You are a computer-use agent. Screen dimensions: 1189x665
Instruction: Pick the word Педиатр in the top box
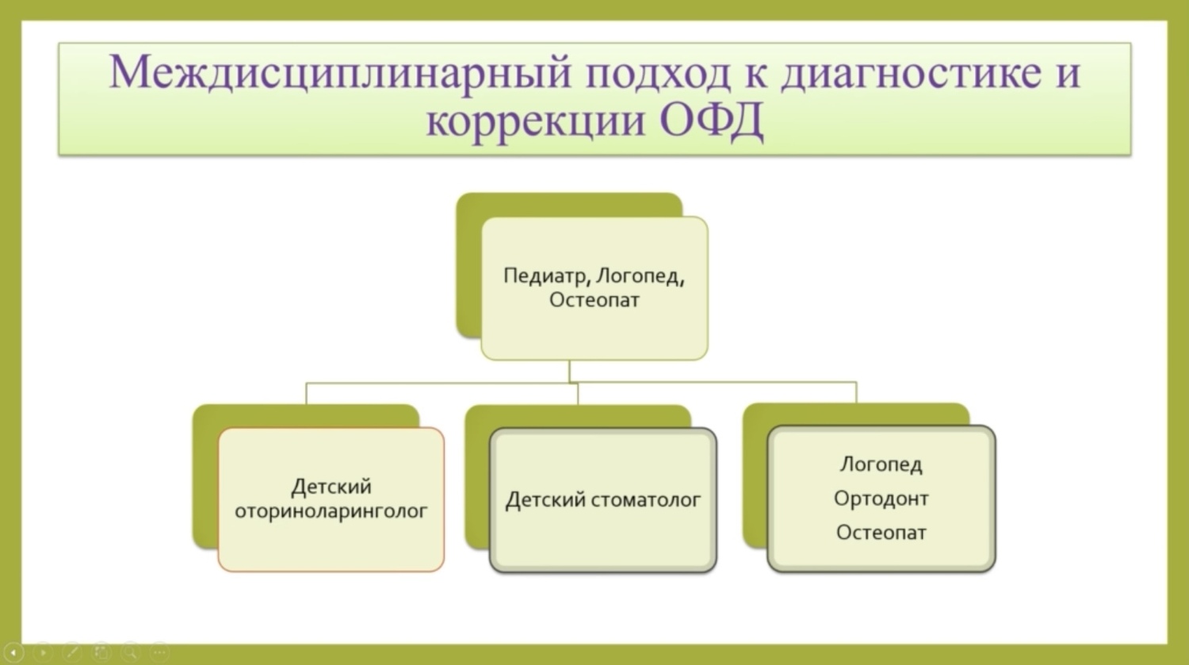547,276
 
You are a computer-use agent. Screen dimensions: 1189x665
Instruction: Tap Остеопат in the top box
594,300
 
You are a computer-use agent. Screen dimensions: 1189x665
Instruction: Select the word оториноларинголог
331,511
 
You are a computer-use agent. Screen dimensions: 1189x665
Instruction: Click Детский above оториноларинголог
331,487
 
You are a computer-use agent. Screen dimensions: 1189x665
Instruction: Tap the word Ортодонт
881,499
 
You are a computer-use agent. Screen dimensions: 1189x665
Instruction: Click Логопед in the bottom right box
881,465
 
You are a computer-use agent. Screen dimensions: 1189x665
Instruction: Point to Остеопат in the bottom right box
881,533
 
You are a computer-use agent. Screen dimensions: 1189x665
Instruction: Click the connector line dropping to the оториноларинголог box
306,393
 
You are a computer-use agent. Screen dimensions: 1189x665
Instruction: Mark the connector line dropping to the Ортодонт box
856,392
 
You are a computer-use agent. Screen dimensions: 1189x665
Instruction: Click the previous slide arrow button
13,652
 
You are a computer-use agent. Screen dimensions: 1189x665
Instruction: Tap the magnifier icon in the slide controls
130,652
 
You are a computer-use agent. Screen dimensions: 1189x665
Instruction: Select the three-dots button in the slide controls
159,652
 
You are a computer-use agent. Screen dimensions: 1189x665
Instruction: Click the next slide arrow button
43,652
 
